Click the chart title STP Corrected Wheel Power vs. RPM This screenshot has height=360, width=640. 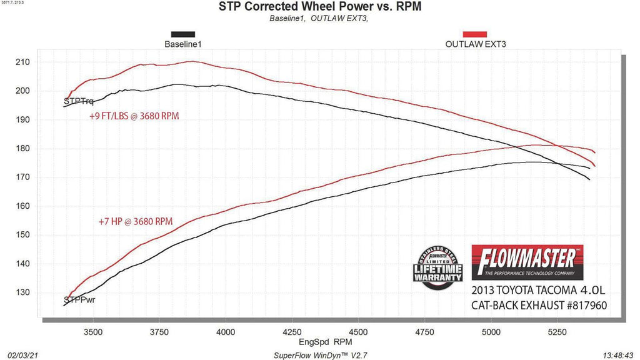(319, 7)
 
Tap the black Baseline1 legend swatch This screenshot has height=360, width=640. (182, 35)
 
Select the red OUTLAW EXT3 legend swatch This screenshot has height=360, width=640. (475, 35)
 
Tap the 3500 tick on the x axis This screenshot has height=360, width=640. (94, 332)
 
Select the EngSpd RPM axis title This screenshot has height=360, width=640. (319, 342)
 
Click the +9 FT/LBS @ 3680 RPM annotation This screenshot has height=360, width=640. (134, 116)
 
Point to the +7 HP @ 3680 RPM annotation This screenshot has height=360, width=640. (135, 221)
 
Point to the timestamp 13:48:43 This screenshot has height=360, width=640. (618, 354)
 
